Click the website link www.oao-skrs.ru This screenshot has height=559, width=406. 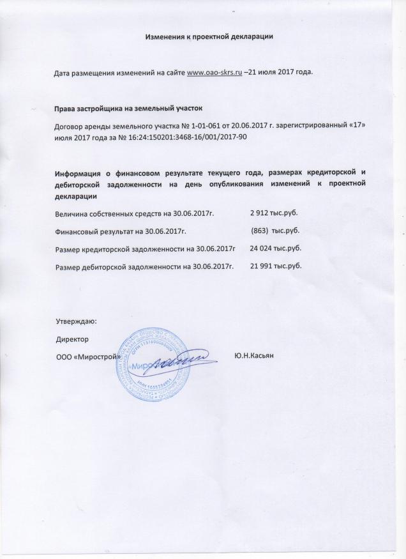(213, 73)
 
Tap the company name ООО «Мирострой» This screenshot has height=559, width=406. (89, 356)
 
